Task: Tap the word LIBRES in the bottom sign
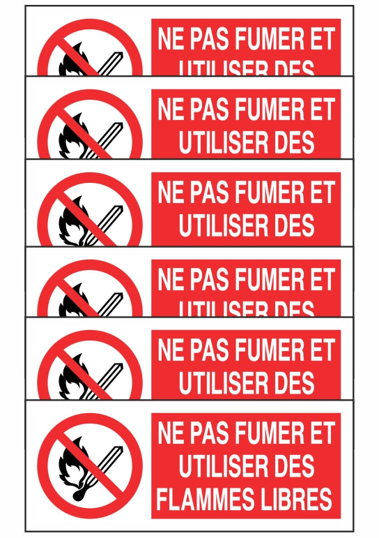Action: click(x=296, y=499)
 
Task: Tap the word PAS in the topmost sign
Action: click(x=210, y=38)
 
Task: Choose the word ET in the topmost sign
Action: click(x=323, y=38)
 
